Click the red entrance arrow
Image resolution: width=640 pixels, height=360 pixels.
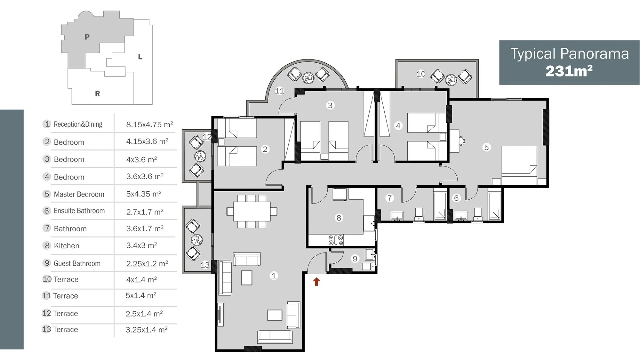pyautogui.click(x=316, y=282)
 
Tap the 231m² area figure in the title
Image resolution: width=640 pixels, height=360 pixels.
pyautogui.click(x=569, y=71)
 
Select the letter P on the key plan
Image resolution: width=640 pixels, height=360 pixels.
pyautogui.click(x=87, y=37)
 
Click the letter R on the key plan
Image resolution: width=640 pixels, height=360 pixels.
pyautogui.click(x=98, y=94)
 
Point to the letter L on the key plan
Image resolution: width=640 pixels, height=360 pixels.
pyautogui.click(x=140, y=57)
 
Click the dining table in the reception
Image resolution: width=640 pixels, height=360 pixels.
pyautogui.click(x=252, y=212)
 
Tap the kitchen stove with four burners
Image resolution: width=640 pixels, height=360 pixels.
pyautogui.click(x=336, y=240)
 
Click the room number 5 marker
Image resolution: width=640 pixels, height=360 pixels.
pyautogui.click(x=486, y=147)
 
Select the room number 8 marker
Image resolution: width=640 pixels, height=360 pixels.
pyautogui.click(x=339, y=218)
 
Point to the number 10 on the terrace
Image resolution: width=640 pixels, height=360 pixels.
pyautogui.click(x=421, y=74)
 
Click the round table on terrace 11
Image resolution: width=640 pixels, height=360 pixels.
pyautogui.click(x=308, y=77)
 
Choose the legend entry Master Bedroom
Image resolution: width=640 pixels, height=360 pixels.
pyautogui.click(x=79, y=194)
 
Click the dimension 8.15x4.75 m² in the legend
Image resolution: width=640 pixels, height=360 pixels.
pyautogui.click(x=149, y=124)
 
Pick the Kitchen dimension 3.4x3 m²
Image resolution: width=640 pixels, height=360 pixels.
pyautogui.click(x=141, y=245)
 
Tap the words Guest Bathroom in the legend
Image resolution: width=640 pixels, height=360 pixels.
pyautogui.click(x=77, y=263)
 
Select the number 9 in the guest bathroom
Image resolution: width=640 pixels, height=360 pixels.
pyautogui.click(x=355, y=259)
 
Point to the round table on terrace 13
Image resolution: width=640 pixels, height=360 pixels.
pyautogui.click(x=197, y=239)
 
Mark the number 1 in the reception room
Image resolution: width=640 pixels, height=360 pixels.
pyautogui.click(x=274, y=276)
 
